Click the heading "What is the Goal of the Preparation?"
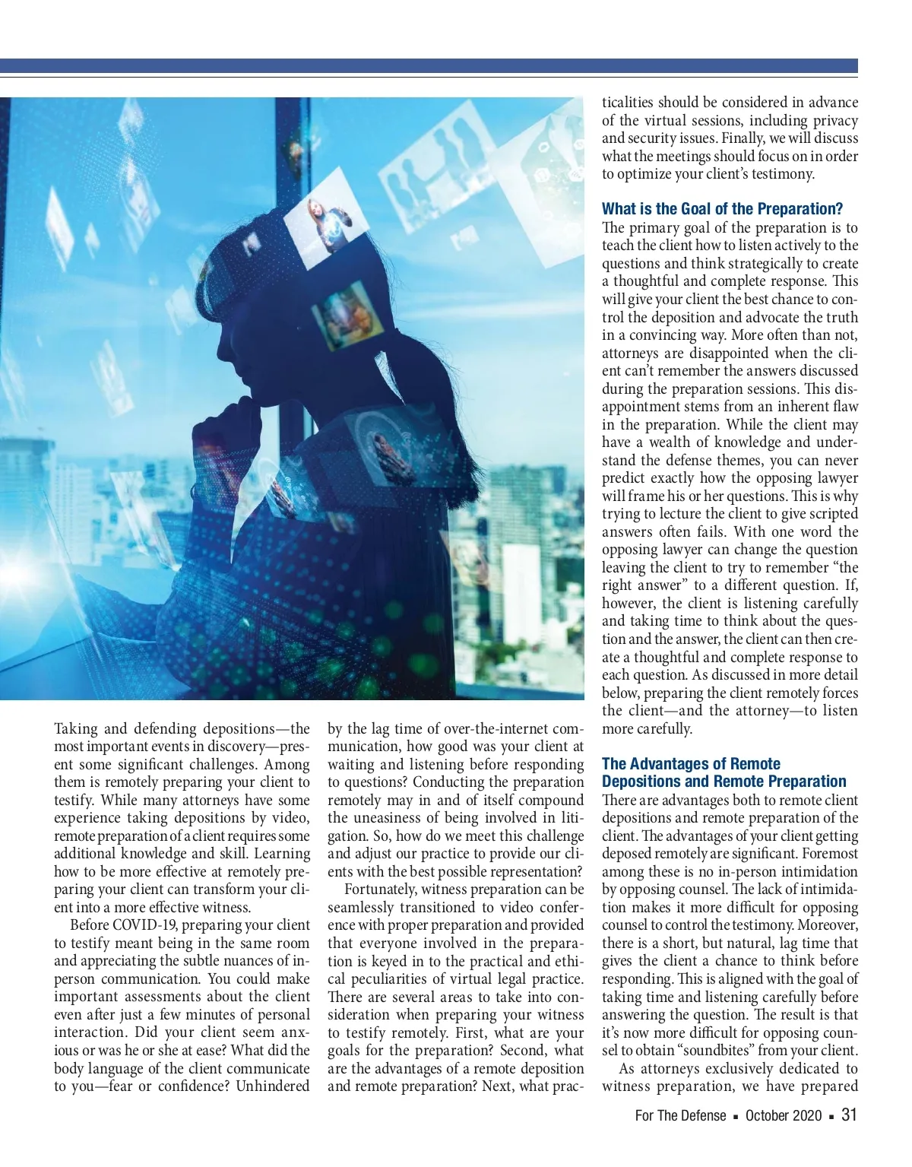point(722,209)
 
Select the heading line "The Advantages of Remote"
point(691,764)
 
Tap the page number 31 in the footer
point(849,1115)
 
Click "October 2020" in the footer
point(784,1115)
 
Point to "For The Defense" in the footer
point(680,1115)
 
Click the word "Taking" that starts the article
point(76,729)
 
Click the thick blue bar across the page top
point(429,66)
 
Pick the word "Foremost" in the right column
point(830,854)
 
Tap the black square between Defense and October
point(736,1116)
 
